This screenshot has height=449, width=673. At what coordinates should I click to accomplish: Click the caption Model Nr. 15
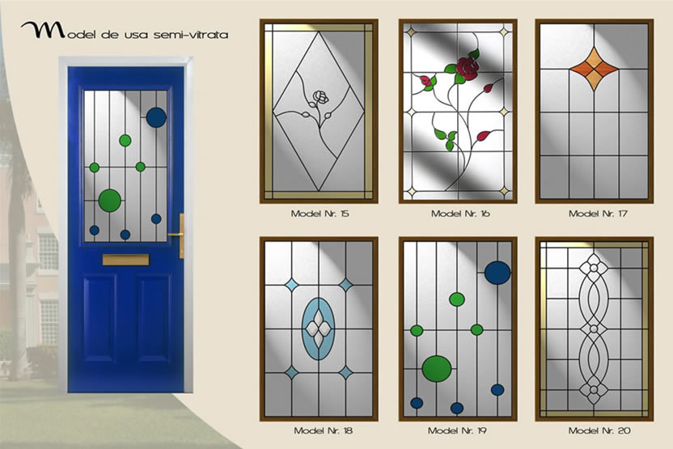[320, 214]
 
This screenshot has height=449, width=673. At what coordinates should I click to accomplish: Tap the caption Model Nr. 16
[460, 214]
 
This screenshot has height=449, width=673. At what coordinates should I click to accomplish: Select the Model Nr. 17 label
[598, 214]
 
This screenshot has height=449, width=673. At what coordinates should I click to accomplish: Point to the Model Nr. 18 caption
[323, 430]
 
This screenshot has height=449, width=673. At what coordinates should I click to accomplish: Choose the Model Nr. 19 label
[457, 430]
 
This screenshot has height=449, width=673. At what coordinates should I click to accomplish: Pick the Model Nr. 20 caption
[599, 430]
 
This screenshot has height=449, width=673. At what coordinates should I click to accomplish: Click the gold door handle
[180, 235]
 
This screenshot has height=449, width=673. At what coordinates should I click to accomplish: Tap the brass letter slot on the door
[125, 260]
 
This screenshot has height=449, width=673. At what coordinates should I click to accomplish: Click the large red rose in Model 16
[467, 69]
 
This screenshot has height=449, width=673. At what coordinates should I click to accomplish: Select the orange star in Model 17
[594, 69]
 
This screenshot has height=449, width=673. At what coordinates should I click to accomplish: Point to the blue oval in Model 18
[318, 328]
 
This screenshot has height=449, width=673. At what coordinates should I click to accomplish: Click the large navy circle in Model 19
[498, 273]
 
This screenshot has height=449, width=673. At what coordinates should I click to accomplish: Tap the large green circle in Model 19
[437, 369]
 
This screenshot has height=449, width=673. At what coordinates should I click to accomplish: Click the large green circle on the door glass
[110, 201]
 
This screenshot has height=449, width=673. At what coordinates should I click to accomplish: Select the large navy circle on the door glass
[156, 117]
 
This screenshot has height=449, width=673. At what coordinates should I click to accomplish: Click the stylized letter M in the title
[43, 30]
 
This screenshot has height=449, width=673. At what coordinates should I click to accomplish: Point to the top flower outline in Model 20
[594, 268]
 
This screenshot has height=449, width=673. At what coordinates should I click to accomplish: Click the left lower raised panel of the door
[100, 319]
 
